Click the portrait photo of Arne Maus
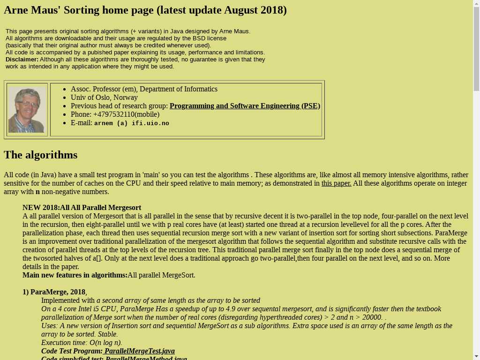(x=27, y=110)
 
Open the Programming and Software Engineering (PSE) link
(x=245, y=106)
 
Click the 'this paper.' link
(x=336, y=183)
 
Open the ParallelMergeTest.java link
(x=139, y=351)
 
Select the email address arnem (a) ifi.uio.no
(x=131, y=123)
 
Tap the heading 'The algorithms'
(x=41, y=155)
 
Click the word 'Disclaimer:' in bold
(x=22, y=60)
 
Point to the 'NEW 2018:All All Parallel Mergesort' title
(x=82, y=208)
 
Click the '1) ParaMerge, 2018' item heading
(x=54, y=292)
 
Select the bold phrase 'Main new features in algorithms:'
(x=75, y=275)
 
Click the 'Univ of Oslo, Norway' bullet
(x=104, y=97)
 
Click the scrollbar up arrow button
(x=476, y=4)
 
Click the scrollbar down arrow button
(x=476, y=356)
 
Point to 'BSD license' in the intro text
(x=210, y=38)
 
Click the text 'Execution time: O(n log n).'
(x=82, y=343)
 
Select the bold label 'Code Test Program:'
(x=72, y=351)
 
